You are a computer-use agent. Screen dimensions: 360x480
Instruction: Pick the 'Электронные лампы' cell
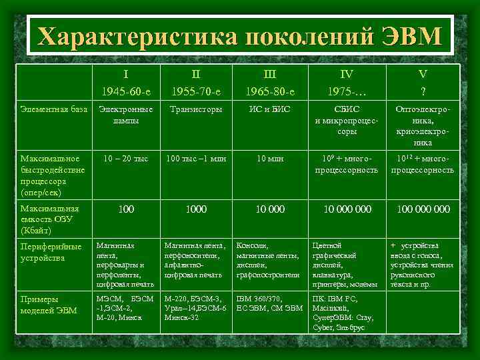(125, 115)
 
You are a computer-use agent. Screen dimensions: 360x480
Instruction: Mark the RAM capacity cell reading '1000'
(196, 209)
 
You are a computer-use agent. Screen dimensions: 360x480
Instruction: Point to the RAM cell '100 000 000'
(423, 209)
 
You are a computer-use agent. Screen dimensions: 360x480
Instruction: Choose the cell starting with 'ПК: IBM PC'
(346, 313)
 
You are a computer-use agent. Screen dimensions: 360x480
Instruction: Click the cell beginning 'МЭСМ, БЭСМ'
(125, 307)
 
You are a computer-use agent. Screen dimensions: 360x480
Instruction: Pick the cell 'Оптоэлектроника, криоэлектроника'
(422, 125)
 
